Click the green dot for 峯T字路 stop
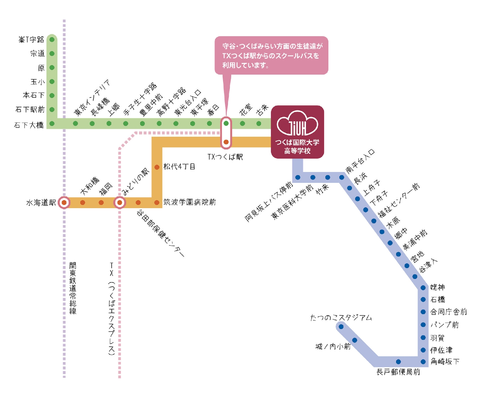coord(52,40)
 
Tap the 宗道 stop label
coord(37,53)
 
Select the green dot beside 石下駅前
coord(52,109)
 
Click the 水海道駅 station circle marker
coord(64,203)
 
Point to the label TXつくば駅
coord(225,157)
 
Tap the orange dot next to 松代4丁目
coord(157,167)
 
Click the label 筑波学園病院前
coord(190,202)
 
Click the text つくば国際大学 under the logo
coord(297,142)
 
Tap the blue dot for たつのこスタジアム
coord(341,327)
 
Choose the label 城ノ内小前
coord(333,347)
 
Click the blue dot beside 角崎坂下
coord(423,362)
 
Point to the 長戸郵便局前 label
coord(398,372)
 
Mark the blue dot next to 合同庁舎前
coord(423,312)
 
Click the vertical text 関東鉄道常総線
coord(73,288)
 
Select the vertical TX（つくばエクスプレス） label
coord(112,309)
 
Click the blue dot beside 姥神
coord(423,288)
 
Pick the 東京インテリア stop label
coord(92,97)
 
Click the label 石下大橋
coord(29,125)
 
